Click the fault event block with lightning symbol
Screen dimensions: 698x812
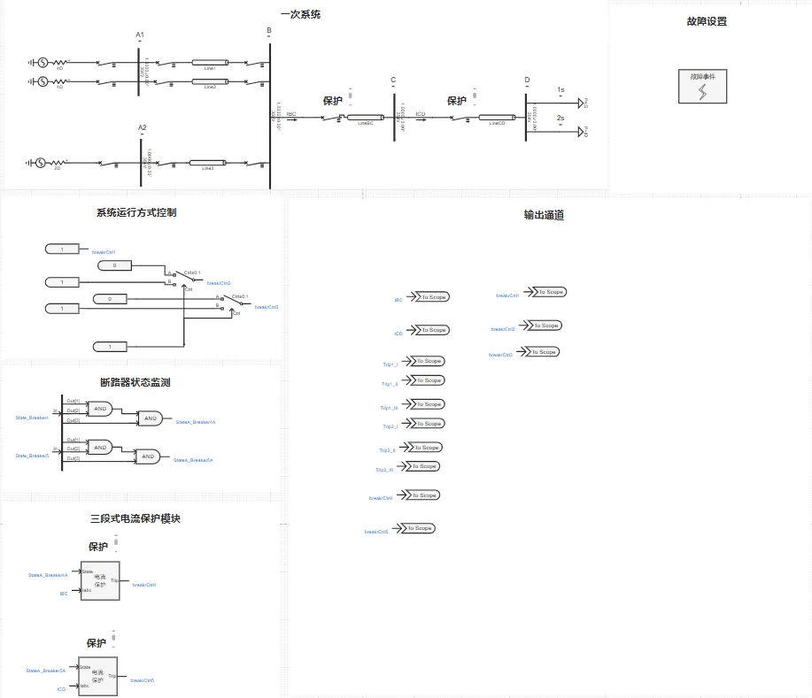[x=702, y=87]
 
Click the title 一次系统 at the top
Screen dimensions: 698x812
[x=300, y=15]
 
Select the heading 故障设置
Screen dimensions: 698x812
[x=706, y=21]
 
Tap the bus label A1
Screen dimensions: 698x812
[x=140, y=35]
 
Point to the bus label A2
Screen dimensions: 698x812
[x=142, y=128]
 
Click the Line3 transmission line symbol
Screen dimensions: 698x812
[x=207, y=164]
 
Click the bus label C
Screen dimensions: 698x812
[x=393, y=81]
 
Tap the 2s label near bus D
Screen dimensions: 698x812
[x=561, y=118]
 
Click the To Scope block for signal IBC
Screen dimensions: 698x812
[x=432, y=297]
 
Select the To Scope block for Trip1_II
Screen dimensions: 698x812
[x=429, y=380]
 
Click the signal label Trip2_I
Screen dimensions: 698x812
[x=390, y=426]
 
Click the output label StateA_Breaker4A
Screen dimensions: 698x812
[x=196, y=422]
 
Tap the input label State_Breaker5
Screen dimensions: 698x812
[x=32, y=456]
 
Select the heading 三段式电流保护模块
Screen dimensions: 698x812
[x=135, y=519]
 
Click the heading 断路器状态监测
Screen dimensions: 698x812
[x=135, y=382]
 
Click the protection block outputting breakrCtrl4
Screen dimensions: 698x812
[x=100, y=580]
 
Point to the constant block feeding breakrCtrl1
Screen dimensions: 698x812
[x=62, y=250]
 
